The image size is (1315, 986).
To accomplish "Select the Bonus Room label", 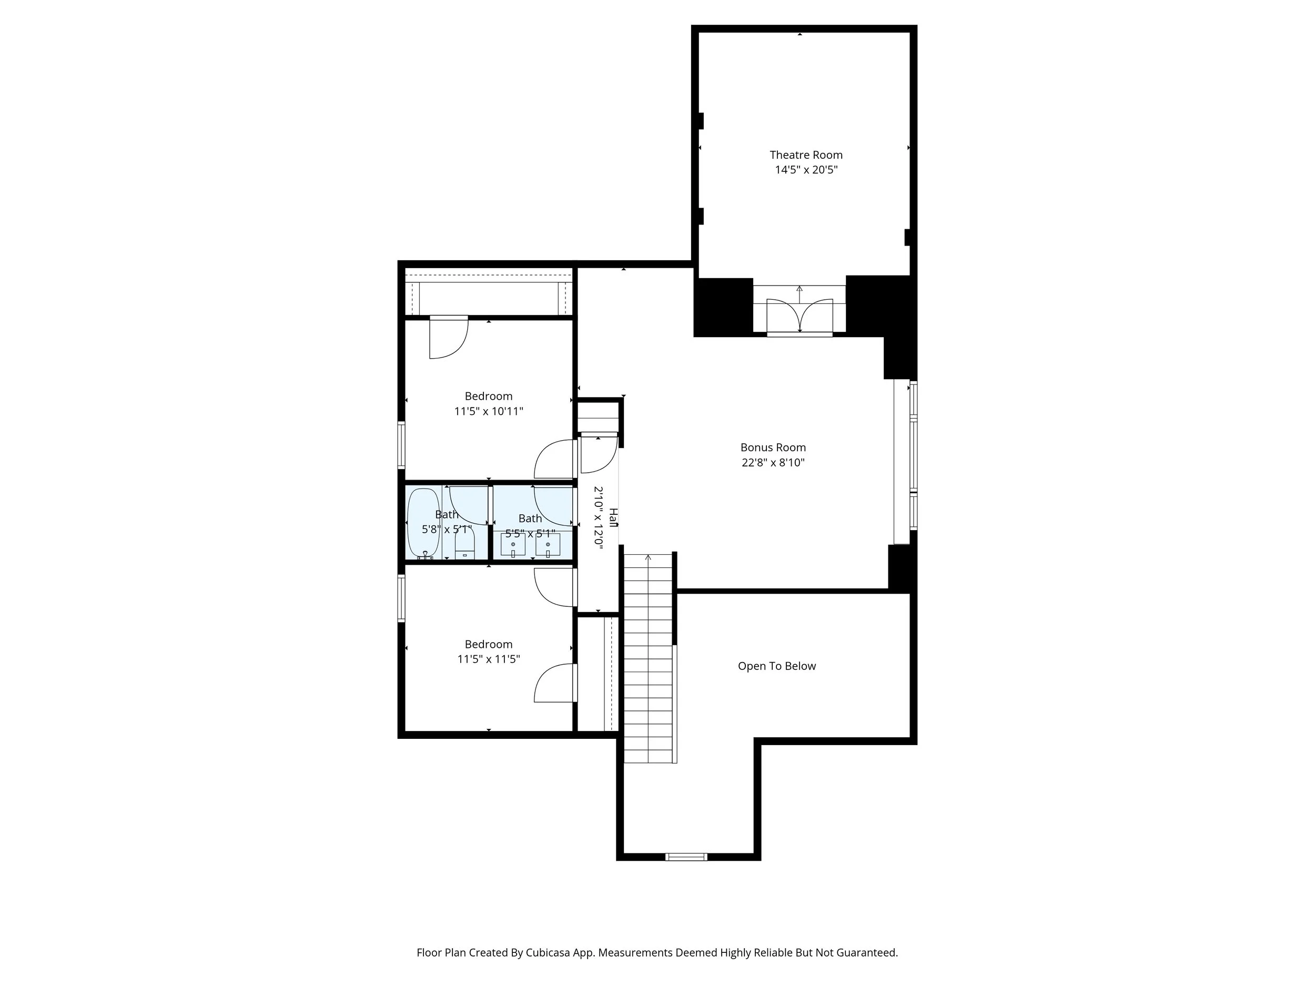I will coord(773,448).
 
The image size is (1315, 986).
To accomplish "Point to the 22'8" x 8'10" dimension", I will coord(773,462).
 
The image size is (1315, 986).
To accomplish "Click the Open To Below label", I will coord(776,666).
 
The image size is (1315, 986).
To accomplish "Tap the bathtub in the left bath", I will coord(423,523).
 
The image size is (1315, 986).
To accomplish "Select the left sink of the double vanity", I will coord(512,544).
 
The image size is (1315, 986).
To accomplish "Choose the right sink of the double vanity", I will coord(548,544).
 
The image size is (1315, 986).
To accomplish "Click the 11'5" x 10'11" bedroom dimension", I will coord(488,411).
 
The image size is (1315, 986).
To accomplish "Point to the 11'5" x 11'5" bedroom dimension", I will coord(488,659).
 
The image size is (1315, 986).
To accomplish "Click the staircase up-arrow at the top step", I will coord(648,557).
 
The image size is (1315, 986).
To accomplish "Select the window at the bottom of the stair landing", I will coord(686,857).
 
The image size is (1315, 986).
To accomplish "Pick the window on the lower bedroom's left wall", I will coord(401,598).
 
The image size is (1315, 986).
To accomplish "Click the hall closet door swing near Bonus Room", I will coord(598,455).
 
